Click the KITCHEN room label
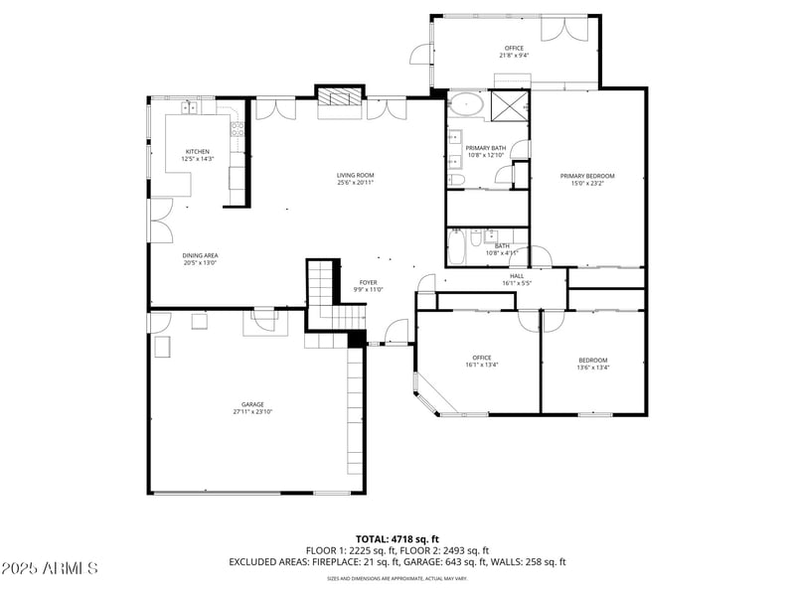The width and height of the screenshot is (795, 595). [x=197, y=151]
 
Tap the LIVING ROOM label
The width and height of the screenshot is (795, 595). [x=355, y=175]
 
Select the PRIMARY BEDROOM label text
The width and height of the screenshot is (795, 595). [x=592, y=176]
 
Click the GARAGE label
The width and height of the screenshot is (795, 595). [x=252, y=404]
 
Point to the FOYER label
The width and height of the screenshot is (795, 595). [x=368, y=282]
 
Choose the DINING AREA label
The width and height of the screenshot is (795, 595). [x=200, y=255]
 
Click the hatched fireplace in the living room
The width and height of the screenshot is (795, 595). [x=340, y=97]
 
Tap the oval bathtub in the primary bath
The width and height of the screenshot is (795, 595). [x=465, y=103]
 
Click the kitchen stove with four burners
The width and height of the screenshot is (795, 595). [x=238, y=126]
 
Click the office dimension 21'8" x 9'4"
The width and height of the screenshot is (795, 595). [x=514, y=56]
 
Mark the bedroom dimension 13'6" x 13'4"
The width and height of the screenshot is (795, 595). [x=593, y=367]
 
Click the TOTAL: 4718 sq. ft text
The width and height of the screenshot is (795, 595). [x=397, y=539]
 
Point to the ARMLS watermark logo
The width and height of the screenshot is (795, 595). [x=50, y=569]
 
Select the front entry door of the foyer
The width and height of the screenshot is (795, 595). [x=396, y=330]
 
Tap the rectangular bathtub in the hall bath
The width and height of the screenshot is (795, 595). [x=456, y=247]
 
